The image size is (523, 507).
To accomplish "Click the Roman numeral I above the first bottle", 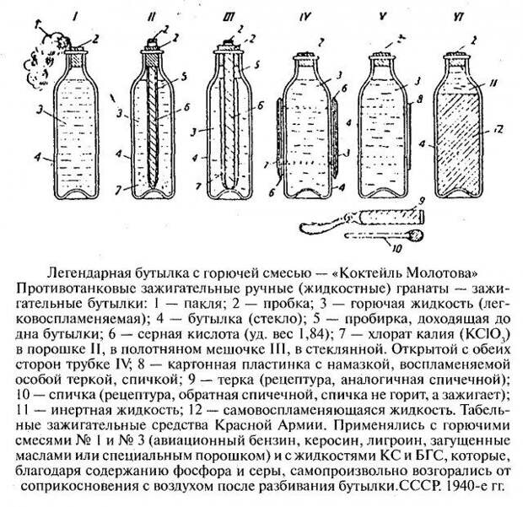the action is pyautogui.click(x=77, y=17).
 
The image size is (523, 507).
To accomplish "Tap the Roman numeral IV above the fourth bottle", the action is pyautogui.click(x=305, y=17).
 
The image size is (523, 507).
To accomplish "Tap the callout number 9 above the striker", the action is pyautogui.click(x=421, y=201).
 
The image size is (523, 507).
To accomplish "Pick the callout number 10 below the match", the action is pyautogui.click(x=396, y=249).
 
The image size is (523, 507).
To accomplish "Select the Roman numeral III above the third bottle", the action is pyautogui.click(x=229, y=17).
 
